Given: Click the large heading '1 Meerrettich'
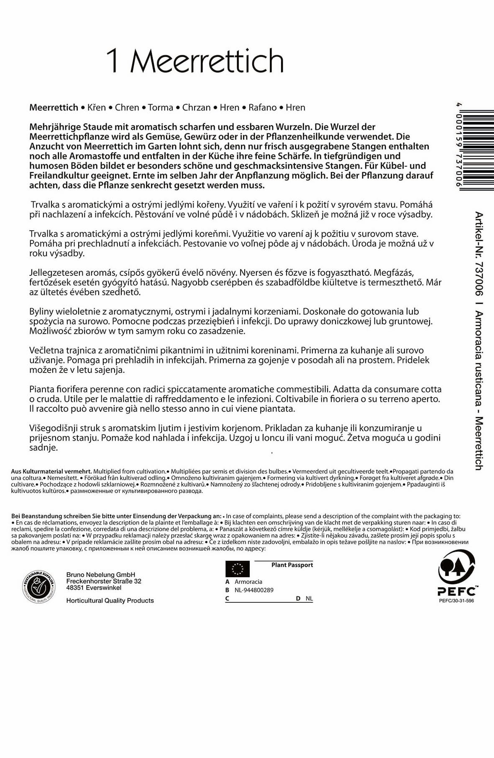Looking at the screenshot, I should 195,61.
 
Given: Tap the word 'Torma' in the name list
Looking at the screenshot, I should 160,108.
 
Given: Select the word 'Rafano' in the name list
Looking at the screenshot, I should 262,108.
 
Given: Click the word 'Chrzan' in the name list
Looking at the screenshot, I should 196,108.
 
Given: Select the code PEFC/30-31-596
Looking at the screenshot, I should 456,601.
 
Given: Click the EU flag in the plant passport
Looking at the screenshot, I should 238,569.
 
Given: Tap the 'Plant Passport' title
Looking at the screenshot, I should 292,565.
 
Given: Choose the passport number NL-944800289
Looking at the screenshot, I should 254,590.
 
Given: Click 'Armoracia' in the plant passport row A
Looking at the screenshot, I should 248,582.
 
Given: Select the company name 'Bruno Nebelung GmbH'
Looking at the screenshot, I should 101,575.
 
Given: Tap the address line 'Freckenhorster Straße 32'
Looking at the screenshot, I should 104,581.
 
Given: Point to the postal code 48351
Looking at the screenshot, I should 75,588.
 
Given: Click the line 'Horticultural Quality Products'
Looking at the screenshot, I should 110,601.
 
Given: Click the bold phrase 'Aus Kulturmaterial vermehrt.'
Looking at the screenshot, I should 52,471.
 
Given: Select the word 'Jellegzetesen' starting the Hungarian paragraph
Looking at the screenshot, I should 55,273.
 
